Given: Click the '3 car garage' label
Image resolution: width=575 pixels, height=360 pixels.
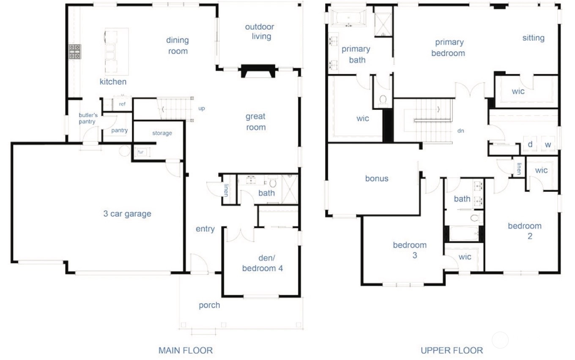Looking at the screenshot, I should click(127, 214).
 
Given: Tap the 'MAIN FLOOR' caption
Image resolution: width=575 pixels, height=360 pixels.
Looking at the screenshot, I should click(185, 350).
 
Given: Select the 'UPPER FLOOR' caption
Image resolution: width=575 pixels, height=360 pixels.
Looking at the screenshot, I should click(452, 350).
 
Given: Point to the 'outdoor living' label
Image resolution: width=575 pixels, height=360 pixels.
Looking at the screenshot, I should click(260, 32).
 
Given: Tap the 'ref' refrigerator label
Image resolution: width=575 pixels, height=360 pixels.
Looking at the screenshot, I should click(122, 104).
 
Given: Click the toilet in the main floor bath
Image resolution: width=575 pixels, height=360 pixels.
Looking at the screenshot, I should click(273, 183).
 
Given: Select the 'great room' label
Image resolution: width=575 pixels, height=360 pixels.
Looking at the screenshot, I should click(256, 122).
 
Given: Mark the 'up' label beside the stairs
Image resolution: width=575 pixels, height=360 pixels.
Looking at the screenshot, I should click(202, 109).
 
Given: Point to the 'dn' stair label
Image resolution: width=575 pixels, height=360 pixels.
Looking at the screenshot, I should click(461, 131).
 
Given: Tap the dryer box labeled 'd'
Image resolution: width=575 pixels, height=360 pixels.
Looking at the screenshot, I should click(530, 144).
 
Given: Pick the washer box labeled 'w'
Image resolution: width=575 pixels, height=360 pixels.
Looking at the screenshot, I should click(548, 144).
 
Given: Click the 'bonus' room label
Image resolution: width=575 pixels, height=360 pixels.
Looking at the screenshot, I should click(377, 179).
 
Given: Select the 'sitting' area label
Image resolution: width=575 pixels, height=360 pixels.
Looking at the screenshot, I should click(533, 38).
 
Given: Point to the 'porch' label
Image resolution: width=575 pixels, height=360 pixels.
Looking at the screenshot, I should click(209, 305).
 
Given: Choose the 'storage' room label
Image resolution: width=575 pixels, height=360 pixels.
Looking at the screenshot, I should click(162, 133).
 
